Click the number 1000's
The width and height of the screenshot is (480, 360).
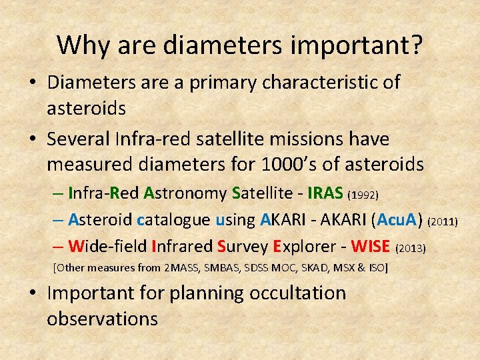(x=291, y=163)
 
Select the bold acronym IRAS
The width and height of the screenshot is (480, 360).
(x=325, y=193)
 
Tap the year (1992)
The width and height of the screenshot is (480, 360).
(x=364, y=195)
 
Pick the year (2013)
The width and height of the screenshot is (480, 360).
(x=411, y=248)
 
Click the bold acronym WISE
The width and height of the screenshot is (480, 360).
(x=371, y=247)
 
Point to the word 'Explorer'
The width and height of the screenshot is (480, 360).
(x=300, y=247)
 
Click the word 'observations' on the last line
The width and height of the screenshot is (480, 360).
(x=102, y=319)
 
